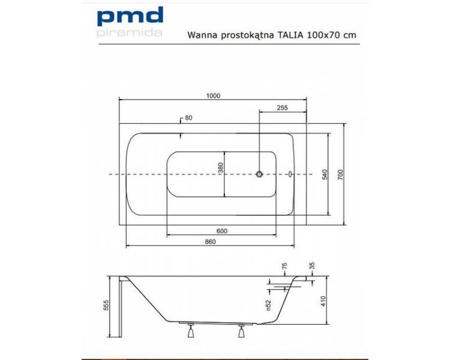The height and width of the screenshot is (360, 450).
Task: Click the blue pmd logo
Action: (x=130, y=17)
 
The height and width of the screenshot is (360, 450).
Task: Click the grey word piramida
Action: (x=130, y=32)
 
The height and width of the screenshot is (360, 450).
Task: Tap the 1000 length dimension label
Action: (x=213, y=95)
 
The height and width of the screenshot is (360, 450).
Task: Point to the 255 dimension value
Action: (x=283, y=107)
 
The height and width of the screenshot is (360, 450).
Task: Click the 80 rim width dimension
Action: (x=188, y=118)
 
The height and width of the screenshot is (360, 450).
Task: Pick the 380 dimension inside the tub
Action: (x=220, y=167)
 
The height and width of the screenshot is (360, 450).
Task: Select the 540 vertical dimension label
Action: (x=324, y=174)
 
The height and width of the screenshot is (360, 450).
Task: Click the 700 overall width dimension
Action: (x=340, y=175)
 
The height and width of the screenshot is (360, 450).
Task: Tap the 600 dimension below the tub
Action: (x=222, y=231)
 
